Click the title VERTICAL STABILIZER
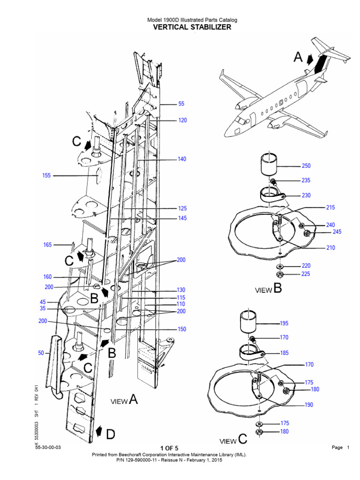click(x=192, y=27)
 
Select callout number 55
click(x=181, y=104)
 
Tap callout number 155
click(x=46, y=175)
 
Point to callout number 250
click(x=306, y=166)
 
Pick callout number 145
click(x=182, y=218)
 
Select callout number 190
click(x=308, y=405)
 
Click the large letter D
click(x=110, y=435)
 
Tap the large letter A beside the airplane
click(x=298, y=58)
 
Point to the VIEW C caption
click(x=233, y=440)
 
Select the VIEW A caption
click(x=124, y=400)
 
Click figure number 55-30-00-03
click(x=48, y=447)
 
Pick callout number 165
click(x=47, y=245)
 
